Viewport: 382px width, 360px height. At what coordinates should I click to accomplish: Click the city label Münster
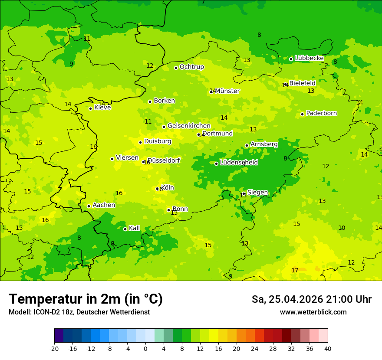[x=227, y=91]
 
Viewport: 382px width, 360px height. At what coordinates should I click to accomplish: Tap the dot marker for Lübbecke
[x=291, y=59]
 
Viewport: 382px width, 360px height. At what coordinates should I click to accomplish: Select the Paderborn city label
[x=321, y=113]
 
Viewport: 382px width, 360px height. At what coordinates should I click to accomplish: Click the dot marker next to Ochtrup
[x=176, y=68]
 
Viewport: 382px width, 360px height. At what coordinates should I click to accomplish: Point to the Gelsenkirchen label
[x=189, y=126]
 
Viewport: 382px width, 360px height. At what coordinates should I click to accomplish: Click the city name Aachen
[x=104, y=205]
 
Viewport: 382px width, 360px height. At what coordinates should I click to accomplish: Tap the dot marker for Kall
[x=125, y=229]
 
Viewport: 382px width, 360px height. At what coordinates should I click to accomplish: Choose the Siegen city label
[x=257, y=193]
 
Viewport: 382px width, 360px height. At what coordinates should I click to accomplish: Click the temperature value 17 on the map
[x=295, y=270]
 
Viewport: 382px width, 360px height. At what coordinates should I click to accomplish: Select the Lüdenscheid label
[x=239, y=163]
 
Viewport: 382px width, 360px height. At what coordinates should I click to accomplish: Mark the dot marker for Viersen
[x=112, y=159]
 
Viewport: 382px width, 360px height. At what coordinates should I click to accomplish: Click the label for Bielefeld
[x=302, y=83]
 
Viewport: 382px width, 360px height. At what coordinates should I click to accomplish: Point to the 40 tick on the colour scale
[x=328, y=348]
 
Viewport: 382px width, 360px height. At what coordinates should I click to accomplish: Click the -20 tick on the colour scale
[x=54, y=348]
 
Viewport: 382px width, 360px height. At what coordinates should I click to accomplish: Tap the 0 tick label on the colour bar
[x=145, y=348]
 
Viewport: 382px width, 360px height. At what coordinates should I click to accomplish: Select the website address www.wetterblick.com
[x=313, y=312]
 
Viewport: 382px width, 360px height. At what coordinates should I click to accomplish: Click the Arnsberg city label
[x=264, y=144]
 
